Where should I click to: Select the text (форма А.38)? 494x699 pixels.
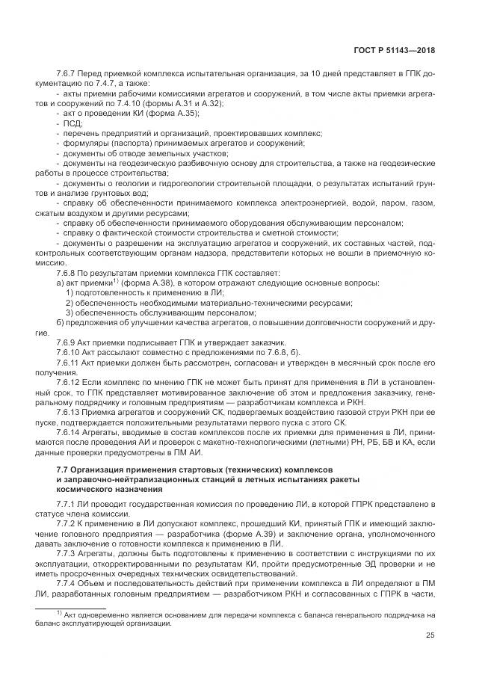click(143, 282)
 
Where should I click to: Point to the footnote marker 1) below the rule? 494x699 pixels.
click(60, 612)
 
